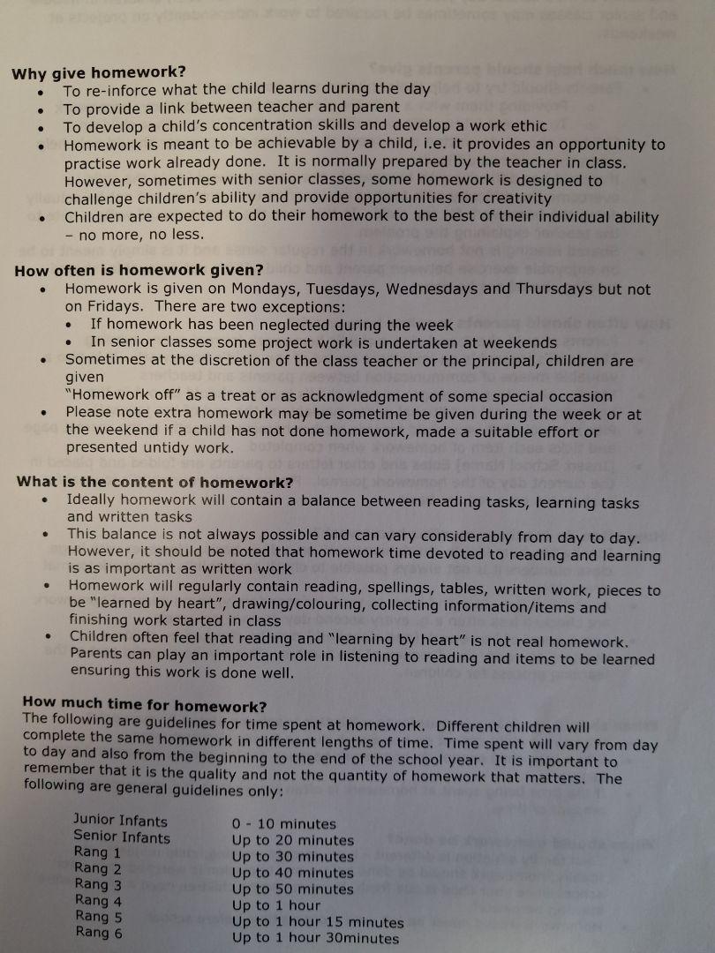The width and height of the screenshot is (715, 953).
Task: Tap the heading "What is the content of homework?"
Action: click(155, 482)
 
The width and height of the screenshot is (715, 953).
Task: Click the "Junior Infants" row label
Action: click(120, 821)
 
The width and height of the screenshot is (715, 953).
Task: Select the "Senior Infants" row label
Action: click(122, 837)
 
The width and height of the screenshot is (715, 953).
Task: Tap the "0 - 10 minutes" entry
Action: click(283, 824)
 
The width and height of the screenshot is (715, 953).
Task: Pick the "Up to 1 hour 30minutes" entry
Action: click(315, 938)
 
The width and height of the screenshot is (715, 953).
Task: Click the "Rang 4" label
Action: click(98, 901)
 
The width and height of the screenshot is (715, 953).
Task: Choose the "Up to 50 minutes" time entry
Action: click(292, 889)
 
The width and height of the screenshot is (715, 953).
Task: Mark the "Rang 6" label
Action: click(99, 932)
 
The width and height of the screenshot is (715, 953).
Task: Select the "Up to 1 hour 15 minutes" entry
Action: click(318, 921)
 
